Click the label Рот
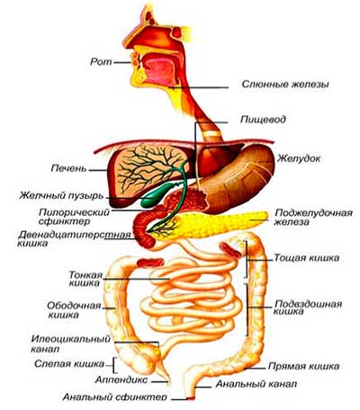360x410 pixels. coord(101,62)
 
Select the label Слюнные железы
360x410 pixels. coord(285,84)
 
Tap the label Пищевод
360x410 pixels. coord(263,120)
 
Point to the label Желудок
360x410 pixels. coord(299,158)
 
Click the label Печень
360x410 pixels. coord(68,168)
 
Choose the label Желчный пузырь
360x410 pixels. coord(61,196)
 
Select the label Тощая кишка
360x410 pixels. coord(307,258)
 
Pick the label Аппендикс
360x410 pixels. coord(121,379)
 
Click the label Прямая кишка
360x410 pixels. coord(303,366)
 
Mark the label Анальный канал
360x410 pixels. coord(256,384)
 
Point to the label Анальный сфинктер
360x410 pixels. coord(114,397)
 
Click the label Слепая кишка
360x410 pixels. coord(69,364)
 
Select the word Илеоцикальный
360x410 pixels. coord(71,339)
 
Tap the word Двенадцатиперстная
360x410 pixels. coord(75,235)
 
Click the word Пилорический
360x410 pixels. coord(74,212)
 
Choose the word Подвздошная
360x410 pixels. coord(309,304)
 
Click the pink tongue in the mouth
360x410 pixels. coord(160,71)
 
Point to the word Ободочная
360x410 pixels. coord(74,306)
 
